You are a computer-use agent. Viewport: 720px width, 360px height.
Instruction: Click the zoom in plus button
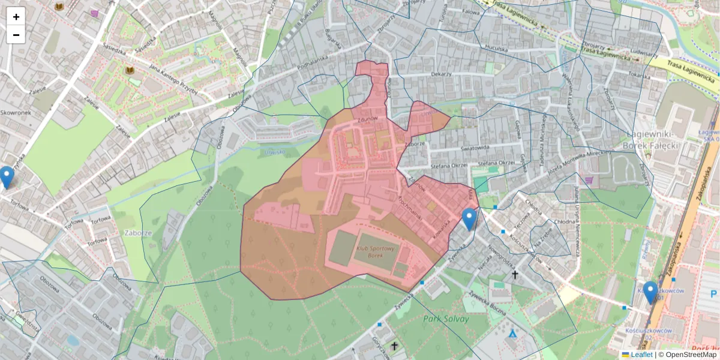coord(16,17)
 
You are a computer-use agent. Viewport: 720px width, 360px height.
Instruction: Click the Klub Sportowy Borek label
coord(375,251)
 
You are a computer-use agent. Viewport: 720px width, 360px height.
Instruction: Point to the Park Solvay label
coord(446,319)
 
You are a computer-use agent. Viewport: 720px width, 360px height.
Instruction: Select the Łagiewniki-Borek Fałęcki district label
coord(651,140)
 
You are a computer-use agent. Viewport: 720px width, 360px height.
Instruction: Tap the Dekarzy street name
coord(441,74)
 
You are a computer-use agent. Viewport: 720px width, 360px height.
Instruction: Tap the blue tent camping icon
coord(512,332)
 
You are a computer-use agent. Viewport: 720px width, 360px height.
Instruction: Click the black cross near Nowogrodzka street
coord(514,275)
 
